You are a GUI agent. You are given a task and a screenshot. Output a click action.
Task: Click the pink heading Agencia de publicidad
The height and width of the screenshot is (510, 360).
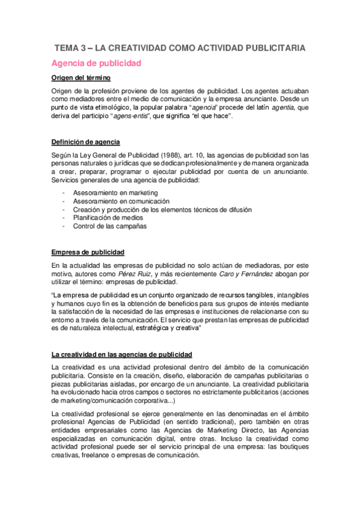[96, 63]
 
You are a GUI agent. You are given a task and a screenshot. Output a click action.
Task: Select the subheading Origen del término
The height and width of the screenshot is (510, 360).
[81, 78]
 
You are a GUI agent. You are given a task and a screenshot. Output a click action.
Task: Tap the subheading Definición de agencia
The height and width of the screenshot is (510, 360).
[86, 142]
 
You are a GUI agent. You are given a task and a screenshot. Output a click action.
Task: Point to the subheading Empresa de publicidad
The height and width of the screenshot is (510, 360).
[88, 251]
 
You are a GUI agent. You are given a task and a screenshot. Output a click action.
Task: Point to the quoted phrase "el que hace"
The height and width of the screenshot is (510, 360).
[216, 115]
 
